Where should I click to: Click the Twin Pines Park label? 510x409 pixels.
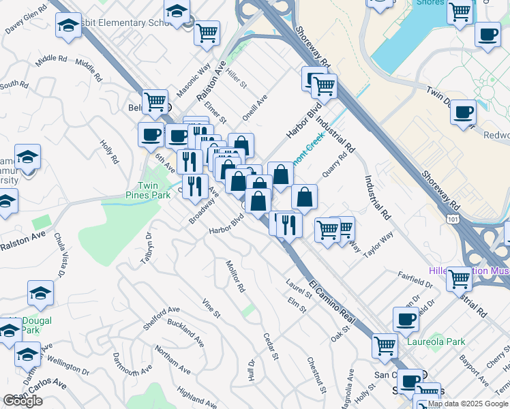coord(153,190)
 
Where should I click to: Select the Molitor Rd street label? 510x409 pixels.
coord(235,275)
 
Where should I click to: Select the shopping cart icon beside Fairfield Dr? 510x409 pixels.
coord(460,278)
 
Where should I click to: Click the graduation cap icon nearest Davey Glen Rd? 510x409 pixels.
coord(67,27)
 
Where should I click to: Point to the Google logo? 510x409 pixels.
coord(22,401)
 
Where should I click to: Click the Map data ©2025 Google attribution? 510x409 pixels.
coord(468,404)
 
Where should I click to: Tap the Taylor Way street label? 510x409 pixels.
coord(378,245)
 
